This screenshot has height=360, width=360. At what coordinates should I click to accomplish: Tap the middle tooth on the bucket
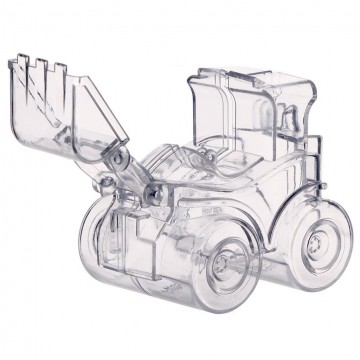click(x=45, y=71)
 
